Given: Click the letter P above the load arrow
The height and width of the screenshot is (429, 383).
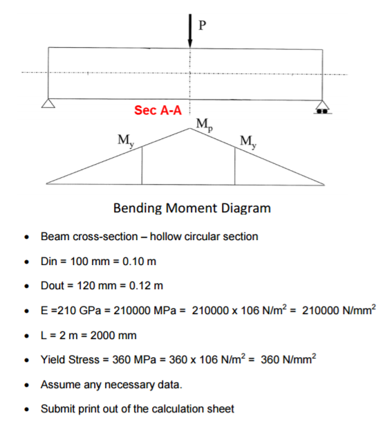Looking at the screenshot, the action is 202,26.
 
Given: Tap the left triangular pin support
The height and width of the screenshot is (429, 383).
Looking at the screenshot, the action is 48,104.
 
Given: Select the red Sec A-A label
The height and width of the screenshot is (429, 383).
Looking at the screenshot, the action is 158,111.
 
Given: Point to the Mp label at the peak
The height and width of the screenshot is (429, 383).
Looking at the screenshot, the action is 205,125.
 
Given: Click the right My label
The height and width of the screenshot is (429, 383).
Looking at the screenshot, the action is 247,143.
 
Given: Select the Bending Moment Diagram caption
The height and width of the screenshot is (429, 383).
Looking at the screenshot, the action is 192,208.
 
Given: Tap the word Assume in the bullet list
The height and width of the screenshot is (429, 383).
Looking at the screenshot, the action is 61,384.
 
